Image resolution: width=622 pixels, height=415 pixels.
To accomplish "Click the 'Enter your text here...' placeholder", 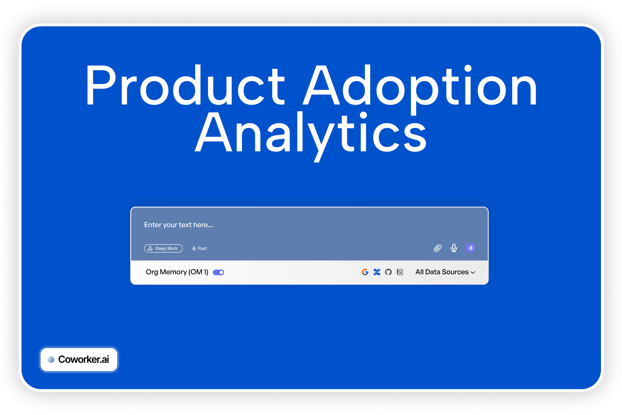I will coord(178,225).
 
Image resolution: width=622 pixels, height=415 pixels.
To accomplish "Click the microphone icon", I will coord(454,248).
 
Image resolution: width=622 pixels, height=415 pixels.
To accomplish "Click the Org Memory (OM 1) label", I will coord(177,272).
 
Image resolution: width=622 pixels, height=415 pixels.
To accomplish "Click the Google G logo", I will coord(365,272).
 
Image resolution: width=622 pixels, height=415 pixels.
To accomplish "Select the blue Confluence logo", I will coord(377,272).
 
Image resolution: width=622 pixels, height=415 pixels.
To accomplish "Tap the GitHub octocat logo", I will coord(388,272).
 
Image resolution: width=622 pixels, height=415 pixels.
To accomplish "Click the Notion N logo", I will coord(400,272).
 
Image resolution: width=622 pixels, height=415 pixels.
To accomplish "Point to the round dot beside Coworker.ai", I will coord(51,359).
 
